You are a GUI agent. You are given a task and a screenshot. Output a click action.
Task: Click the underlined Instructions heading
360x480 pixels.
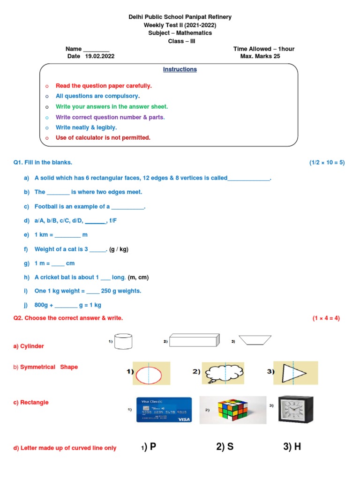(x=180, y=69)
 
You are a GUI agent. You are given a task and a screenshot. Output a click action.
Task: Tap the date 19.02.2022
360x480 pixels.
(x=99, y=56)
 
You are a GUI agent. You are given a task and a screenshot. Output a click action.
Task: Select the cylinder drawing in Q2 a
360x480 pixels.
(x=123, y=341)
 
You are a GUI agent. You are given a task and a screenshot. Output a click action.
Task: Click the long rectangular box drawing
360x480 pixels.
(x=195, y=340)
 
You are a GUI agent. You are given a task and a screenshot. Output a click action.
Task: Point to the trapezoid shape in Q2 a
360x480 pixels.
(x=255, y=340)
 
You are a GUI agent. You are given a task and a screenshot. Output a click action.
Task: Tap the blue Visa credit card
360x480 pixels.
(x=164, y=410)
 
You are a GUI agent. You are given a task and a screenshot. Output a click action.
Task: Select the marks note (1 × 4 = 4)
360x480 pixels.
(x=326, y=318)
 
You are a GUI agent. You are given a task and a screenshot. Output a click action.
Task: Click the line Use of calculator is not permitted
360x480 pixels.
(x=103, y=138)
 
